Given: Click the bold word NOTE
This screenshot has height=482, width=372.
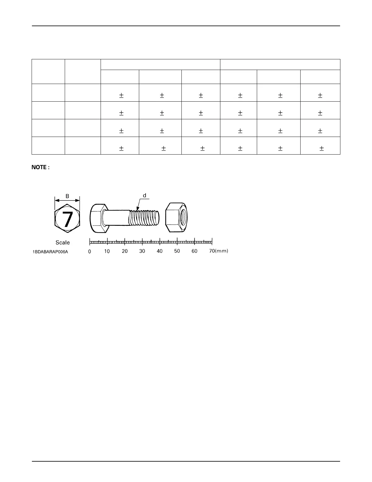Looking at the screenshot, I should pos(40,167).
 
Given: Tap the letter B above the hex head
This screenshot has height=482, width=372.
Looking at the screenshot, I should pos(67,196).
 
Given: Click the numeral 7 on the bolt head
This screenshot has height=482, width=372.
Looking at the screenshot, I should pos(67,218).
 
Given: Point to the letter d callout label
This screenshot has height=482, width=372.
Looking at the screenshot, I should pos(145,195).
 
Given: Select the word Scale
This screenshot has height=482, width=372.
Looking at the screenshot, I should pos(63,243).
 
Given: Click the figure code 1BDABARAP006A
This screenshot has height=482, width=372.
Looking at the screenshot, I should pos(50,252).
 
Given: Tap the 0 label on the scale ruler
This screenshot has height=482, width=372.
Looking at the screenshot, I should pos(90,251).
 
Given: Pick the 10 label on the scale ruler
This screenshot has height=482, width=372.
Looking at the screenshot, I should pos(107,251).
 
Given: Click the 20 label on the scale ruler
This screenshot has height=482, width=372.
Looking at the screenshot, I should pos(125,251).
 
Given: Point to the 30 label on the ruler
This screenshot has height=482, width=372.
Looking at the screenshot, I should pos(142,251).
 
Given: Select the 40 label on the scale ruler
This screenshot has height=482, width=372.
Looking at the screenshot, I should pos(160,251).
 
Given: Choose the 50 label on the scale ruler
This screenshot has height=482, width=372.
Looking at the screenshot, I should pos(177,251).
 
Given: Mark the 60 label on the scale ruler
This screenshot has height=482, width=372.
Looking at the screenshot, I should pos(195,251).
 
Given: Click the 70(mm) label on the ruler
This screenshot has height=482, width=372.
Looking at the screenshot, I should pos(219,251).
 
